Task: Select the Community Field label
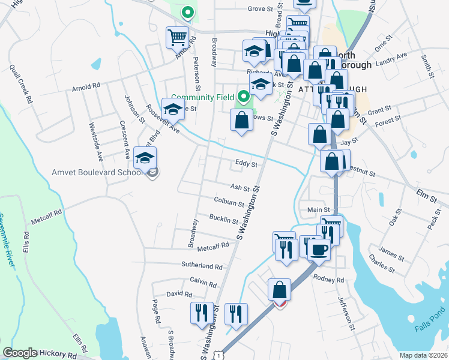203,97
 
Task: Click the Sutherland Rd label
202,266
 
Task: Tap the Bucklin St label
223,218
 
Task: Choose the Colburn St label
229,202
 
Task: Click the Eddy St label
246,164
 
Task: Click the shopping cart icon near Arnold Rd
178,38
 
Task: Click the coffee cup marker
318,248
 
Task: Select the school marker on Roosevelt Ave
173,109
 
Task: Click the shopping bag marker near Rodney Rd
279,290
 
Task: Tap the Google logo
20,353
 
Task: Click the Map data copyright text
423,355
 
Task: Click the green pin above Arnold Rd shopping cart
187,11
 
